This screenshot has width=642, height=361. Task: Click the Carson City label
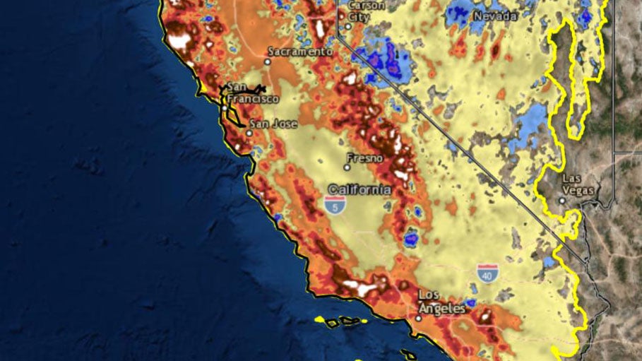point(367,10)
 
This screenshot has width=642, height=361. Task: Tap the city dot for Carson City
point(347,27)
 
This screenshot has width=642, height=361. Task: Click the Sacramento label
point(299,52)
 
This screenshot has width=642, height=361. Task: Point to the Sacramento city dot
point(268,61)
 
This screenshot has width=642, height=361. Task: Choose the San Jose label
point(271,124)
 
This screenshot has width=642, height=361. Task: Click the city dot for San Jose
point(249,132)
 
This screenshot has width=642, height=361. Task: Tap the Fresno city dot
point(347,167)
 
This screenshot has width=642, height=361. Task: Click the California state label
point(359,189)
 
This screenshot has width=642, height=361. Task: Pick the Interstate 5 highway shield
point(336,206)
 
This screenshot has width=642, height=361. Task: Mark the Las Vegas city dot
point(562,201)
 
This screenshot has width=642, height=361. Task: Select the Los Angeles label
point(441,302)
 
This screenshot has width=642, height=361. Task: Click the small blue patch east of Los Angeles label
point(471,304)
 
